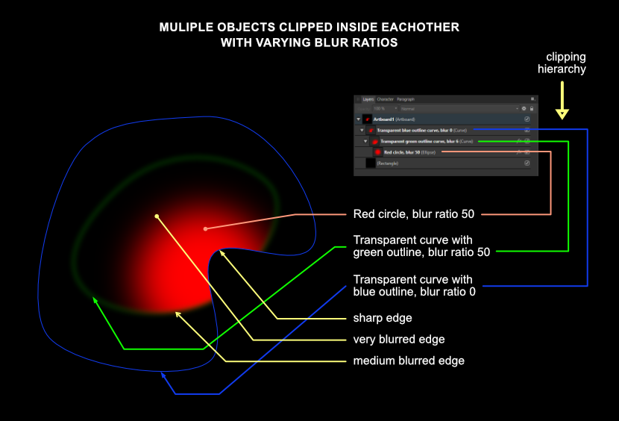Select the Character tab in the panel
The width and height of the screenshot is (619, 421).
pos(385,99)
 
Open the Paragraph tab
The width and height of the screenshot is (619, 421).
pos(405,99)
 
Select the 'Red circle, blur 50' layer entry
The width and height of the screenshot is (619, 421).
pos(412,152)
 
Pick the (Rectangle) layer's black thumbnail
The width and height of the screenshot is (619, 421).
pos(370,163)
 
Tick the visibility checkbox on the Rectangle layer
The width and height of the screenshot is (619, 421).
pos(527,163)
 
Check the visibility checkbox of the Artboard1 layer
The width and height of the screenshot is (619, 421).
pos(527,119)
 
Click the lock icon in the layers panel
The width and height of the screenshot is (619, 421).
pos(531,109)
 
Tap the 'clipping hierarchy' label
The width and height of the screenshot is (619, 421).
pos(565,63)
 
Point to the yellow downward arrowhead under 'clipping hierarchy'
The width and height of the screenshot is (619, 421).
pos(562,114)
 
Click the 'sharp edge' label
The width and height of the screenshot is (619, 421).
pos(383,319)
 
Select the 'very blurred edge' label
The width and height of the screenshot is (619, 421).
pos(398,340)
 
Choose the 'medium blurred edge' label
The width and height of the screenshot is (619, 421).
pos(408,361)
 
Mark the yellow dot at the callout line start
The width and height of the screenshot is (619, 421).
pos(157,216)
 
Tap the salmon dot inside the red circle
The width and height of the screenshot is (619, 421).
pos(205,228)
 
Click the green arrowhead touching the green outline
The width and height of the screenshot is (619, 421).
pos(94,301)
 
